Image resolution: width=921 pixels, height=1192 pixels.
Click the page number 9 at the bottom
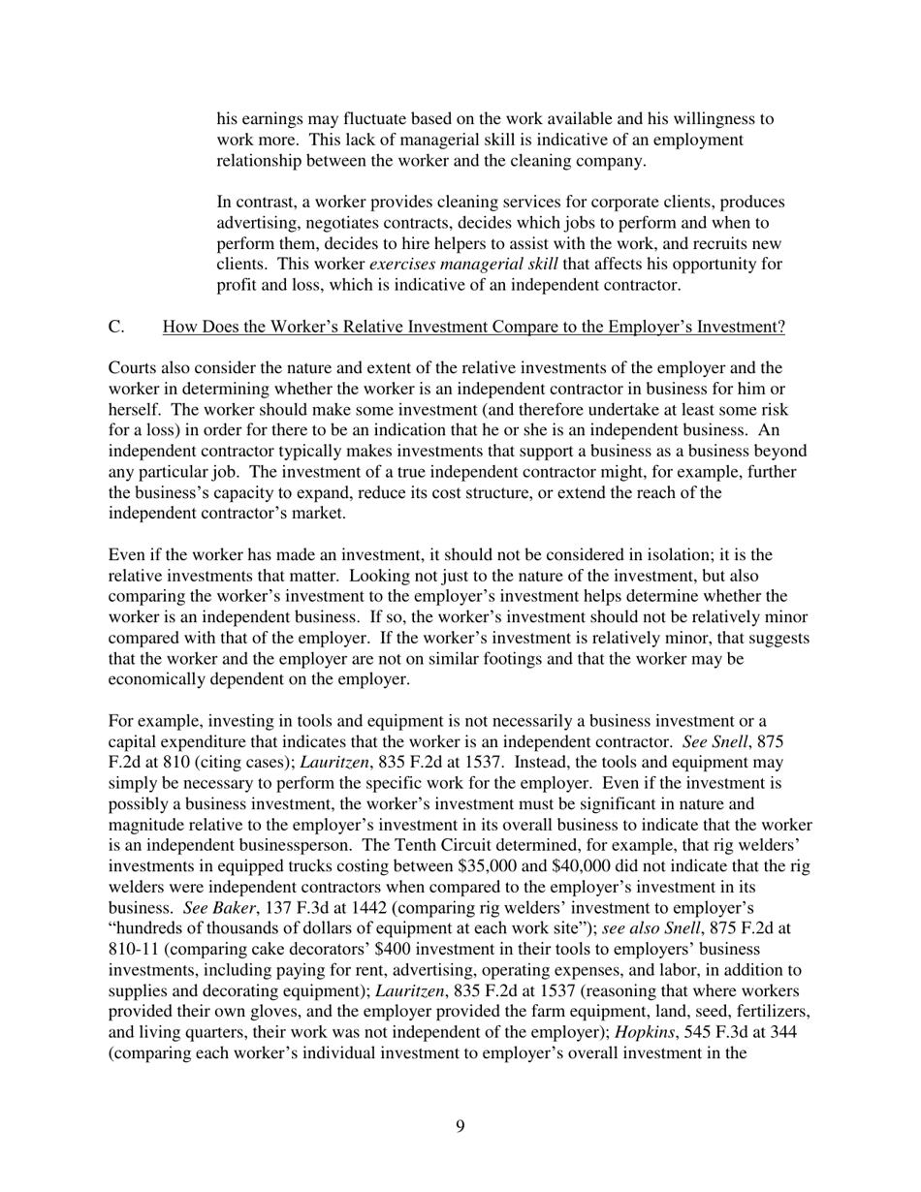[460, 1125]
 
